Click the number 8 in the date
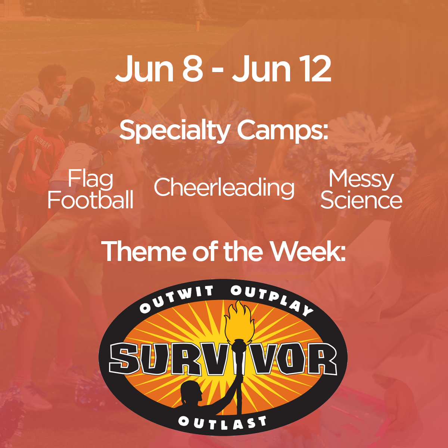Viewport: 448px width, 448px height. pos(192,69)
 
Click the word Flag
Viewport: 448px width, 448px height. pos(91,179)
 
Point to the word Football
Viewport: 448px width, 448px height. pos(91,200)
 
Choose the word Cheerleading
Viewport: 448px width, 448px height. pos(224,187)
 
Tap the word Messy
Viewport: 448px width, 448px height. pos(361,179)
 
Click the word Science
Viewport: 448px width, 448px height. pos(361,200)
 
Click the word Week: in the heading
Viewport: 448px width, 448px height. pos(308,251)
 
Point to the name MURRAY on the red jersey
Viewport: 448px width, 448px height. pos(42,142)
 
